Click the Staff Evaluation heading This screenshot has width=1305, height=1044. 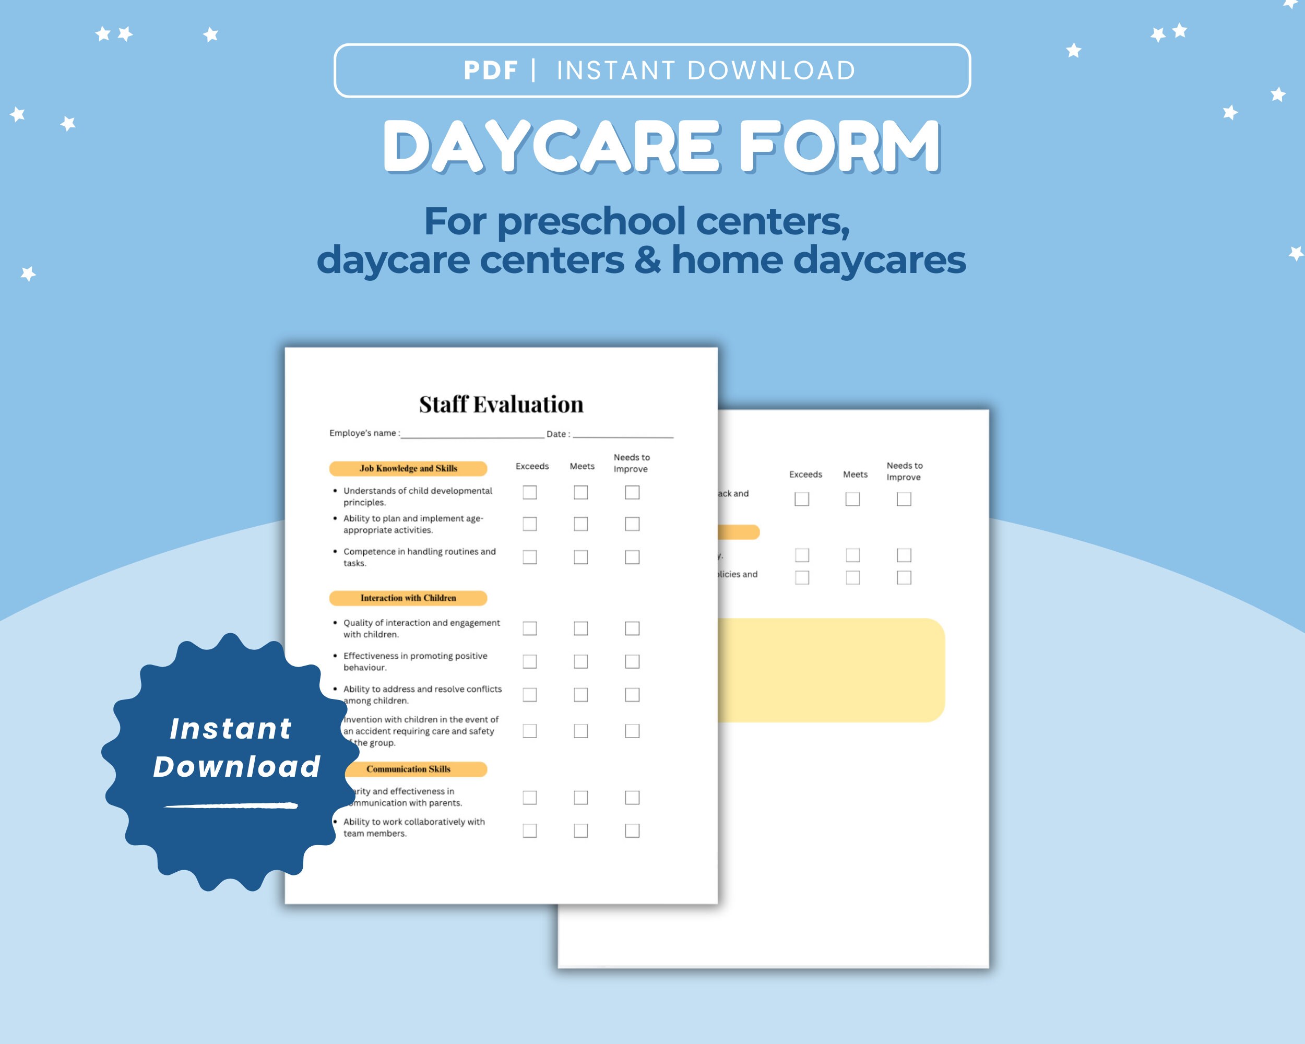pyautogui.click(x=501, y=404)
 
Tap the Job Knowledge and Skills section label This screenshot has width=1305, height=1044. pyautogui.click(x=408, y=468)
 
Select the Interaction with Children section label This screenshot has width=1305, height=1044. pyautogui.click(x=408, y=598)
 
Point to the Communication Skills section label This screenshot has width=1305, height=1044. pyautogui.click(x=409, y=769)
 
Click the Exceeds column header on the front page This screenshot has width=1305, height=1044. pyautogui.click(x=532, y=466)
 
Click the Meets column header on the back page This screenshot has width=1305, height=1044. pyautogui.click(x=855, y=474)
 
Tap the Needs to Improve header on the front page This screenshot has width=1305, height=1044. pyautogui.click(x=631, y=463)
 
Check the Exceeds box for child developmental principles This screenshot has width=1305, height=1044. pyautogui.click(x=530, y=493)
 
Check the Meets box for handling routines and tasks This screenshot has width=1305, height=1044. pyautogui.click(x=580, y=557)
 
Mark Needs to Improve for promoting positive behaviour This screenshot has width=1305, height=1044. pyautogui.click(x=632, y=661)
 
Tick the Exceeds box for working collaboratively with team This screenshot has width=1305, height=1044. pyautogui.click(x=530, y=831)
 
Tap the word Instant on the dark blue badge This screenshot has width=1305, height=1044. pyautogui.click(x=231, y=729)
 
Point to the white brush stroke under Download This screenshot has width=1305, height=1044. pyautogui.click(x=231, y=805)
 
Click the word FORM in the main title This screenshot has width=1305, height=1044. pyautogui.click(x=839, y=147)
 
